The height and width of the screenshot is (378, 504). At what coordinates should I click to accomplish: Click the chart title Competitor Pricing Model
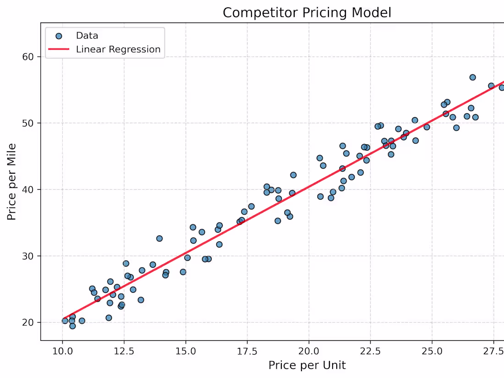(x=307, y=12)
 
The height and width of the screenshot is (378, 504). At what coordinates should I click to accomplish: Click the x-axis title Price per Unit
(x=307, y=365)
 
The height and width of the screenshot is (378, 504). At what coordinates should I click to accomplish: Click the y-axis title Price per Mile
(x=12, y=182)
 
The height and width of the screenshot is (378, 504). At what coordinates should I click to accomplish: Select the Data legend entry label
(x=87, y=36)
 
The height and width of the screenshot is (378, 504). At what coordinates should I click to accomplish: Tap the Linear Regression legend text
(x=118, y=49)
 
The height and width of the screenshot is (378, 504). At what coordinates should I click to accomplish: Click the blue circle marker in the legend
(x=59, y=36)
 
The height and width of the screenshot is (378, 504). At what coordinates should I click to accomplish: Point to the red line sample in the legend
(x=59, y=49)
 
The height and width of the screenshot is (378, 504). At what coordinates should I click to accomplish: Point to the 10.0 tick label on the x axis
(x=62, y=351)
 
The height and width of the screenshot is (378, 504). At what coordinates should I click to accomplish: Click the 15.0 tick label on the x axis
(x=186, y=351)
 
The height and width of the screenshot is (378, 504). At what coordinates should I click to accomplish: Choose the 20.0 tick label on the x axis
(x=309, y=351)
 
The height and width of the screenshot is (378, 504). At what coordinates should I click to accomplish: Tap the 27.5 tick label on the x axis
(x=494, y=351)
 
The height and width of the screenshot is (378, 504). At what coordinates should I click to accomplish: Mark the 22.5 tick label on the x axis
(x=371, y=351)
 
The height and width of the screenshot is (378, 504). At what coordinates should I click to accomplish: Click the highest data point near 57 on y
(x=472, y=77)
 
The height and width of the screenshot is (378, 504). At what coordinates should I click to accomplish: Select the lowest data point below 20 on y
(x=72, y=326)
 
